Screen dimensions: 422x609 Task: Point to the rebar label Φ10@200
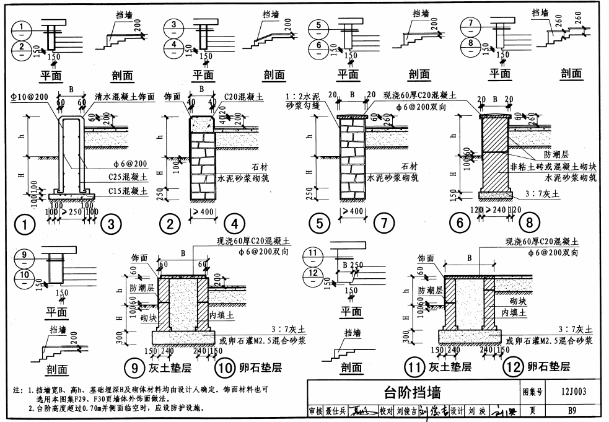(28, 97)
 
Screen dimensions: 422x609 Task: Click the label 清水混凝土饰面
(124, 97)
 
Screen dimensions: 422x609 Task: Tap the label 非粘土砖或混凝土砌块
(553, 166)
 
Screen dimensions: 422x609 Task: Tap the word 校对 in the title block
(387, 411)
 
